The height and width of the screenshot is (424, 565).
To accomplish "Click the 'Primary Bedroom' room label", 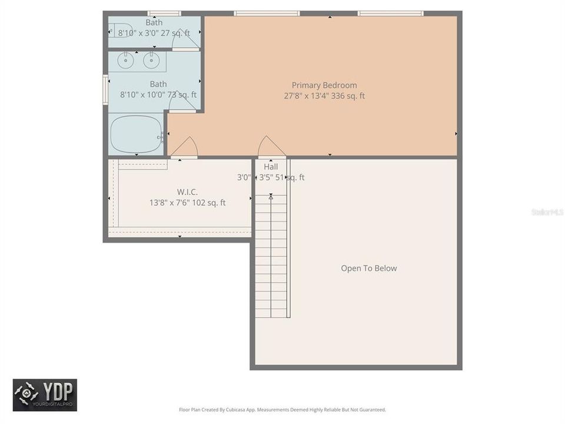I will [x=324, y=85].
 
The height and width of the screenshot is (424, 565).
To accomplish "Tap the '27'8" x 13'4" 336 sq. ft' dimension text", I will [x=324, y=95].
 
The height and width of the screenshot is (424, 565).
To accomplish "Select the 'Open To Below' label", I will [x=369, y=268].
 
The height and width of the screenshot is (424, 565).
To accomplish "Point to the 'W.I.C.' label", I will [x=187, y=192].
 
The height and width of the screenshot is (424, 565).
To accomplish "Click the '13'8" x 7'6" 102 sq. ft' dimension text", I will [x=187, y=203].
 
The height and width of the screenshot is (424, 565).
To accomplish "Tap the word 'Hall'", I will [x=271, y=167].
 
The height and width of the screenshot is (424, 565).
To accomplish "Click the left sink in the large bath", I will [x=125, y=60].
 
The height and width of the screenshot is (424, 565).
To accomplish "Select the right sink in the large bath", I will [x=151, y=60].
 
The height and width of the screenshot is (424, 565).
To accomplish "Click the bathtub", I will [x=137, y=134].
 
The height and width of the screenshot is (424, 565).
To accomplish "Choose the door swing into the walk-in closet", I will [x=184, y=147].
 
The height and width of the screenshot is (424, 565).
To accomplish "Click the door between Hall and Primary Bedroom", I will [x=272, y=147].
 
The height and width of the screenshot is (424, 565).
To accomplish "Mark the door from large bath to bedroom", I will [x=182, y=101].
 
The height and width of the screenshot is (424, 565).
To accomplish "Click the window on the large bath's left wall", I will [x=105, y=90].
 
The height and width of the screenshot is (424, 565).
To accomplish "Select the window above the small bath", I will [x=164, y=13].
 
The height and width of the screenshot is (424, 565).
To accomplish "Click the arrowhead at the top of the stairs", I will [x=271, y=197].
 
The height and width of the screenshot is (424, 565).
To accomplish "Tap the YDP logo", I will [x=45, y=395].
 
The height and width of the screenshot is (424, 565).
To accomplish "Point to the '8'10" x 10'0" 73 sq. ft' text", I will [x=158, y=94].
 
